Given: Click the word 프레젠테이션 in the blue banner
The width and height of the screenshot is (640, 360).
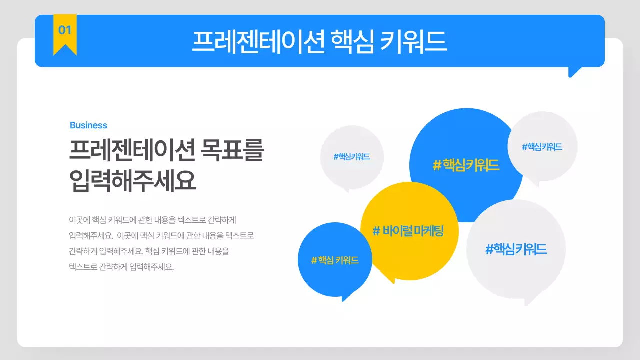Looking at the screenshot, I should pos(259,42).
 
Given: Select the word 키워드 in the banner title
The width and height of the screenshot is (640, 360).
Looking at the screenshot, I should pos(413,42).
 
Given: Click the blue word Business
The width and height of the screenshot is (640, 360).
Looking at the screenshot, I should pos(88,125).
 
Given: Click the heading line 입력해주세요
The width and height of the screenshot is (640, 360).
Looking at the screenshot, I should pos(132,181).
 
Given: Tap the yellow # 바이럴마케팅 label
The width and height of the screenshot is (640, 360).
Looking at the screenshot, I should pos(408,231).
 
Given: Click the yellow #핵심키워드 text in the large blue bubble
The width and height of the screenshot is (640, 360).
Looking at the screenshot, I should pos(466,165).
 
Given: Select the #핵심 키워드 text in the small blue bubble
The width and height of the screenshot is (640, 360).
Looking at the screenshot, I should pos(335,260).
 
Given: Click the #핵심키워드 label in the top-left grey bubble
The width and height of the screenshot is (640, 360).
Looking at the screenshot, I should pos(352,157).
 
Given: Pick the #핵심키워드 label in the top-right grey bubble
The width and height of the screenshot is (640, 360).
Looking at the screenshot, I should pos(542,147).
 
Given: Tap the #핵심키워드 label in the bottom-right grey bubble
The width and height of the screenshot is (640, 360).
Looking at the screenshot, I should pos(516,249).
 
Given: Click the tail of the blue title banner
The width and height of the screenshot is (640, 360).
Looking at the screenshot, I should pos(574,73).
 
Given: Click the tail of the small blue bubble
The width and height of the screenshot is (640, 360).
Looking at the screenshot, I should pos(346,297).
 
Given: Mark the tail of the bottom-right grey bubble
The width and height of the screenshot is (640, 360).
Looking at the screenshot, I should pos(530,300).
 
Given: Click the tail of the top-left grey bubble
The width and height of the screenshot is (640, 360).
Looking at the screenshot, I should pos(345,189).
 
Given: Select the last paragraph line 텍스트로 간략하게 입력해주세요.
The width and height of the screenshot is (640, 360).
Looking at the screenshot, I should pos(121,267).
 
